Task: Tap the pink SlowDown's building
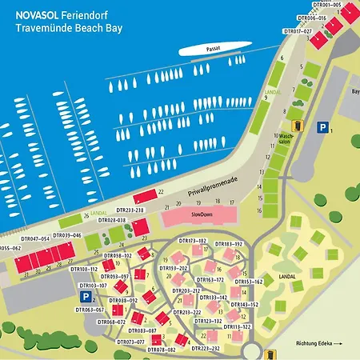click(x=197, y=216)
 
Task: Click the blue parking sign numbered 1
click(x=322, y=127)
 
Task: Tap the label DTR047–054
click(x=34, y=238)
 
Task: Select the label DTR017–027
click(x=297, y=31)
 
